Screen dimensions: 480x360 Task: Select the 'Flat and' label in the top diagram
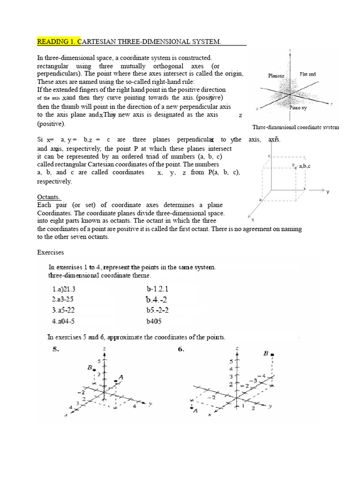(x=308, y=74)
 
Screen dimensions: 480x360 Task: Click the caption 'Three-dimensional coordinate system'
(x=296, y=127)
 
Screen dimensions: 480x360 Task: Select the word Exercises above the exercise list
(x=51, y=252)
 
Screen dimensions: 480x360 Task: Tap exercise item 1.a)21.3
(x=67, y=290)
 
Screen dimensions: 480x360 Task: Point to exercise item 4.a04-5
(x=67, y=321)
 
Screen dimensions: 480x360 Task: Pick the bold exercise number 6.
(x=180, y=350)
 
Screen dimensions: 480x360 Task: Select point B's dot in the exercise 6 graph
(x=273, y=355)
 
